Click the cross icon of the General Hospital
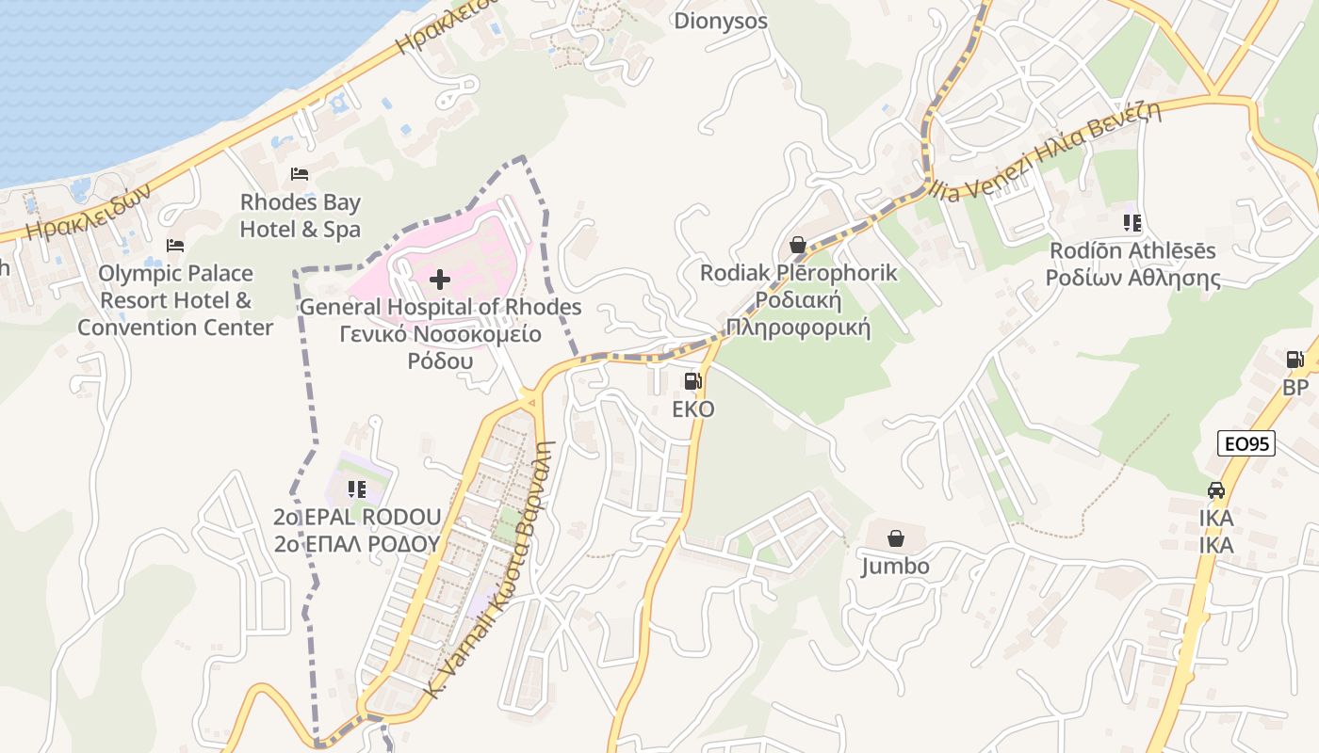click(x=440, y=280)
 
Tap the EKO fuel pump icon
click(x=692, y=381)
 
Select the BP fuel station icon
click(x=1295, y=360)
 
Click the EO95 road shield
click(x=1246, y=443)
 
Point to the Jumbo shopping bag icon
click(x=896, y=538)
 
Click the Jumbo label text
click(x=896, y=566)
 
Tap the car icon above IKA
click(x=1216, y=490)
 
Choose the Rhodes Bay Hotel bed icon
click(x=300, y=174)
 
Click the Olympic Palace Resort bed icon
click(x=175, y=246)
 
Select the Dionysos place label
click(x=721, y=21)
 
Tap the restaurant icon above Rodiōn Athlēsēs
click(x=1132, y=223)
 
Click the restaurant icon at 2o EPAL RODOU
click(x=356, y=489)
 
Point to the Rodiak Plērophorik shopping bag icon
click(x=798, y=245)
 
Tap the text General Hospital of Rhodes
click(x=440, y=307)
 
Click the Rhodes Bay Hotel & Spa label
click(x=300, y=216)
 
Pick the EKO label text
click(x=692, y=409)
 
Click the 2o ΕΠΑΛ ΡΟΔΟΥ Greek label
click(x=356, y=544)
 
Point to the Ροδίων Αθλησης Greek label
click(x=1133, y=279)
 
